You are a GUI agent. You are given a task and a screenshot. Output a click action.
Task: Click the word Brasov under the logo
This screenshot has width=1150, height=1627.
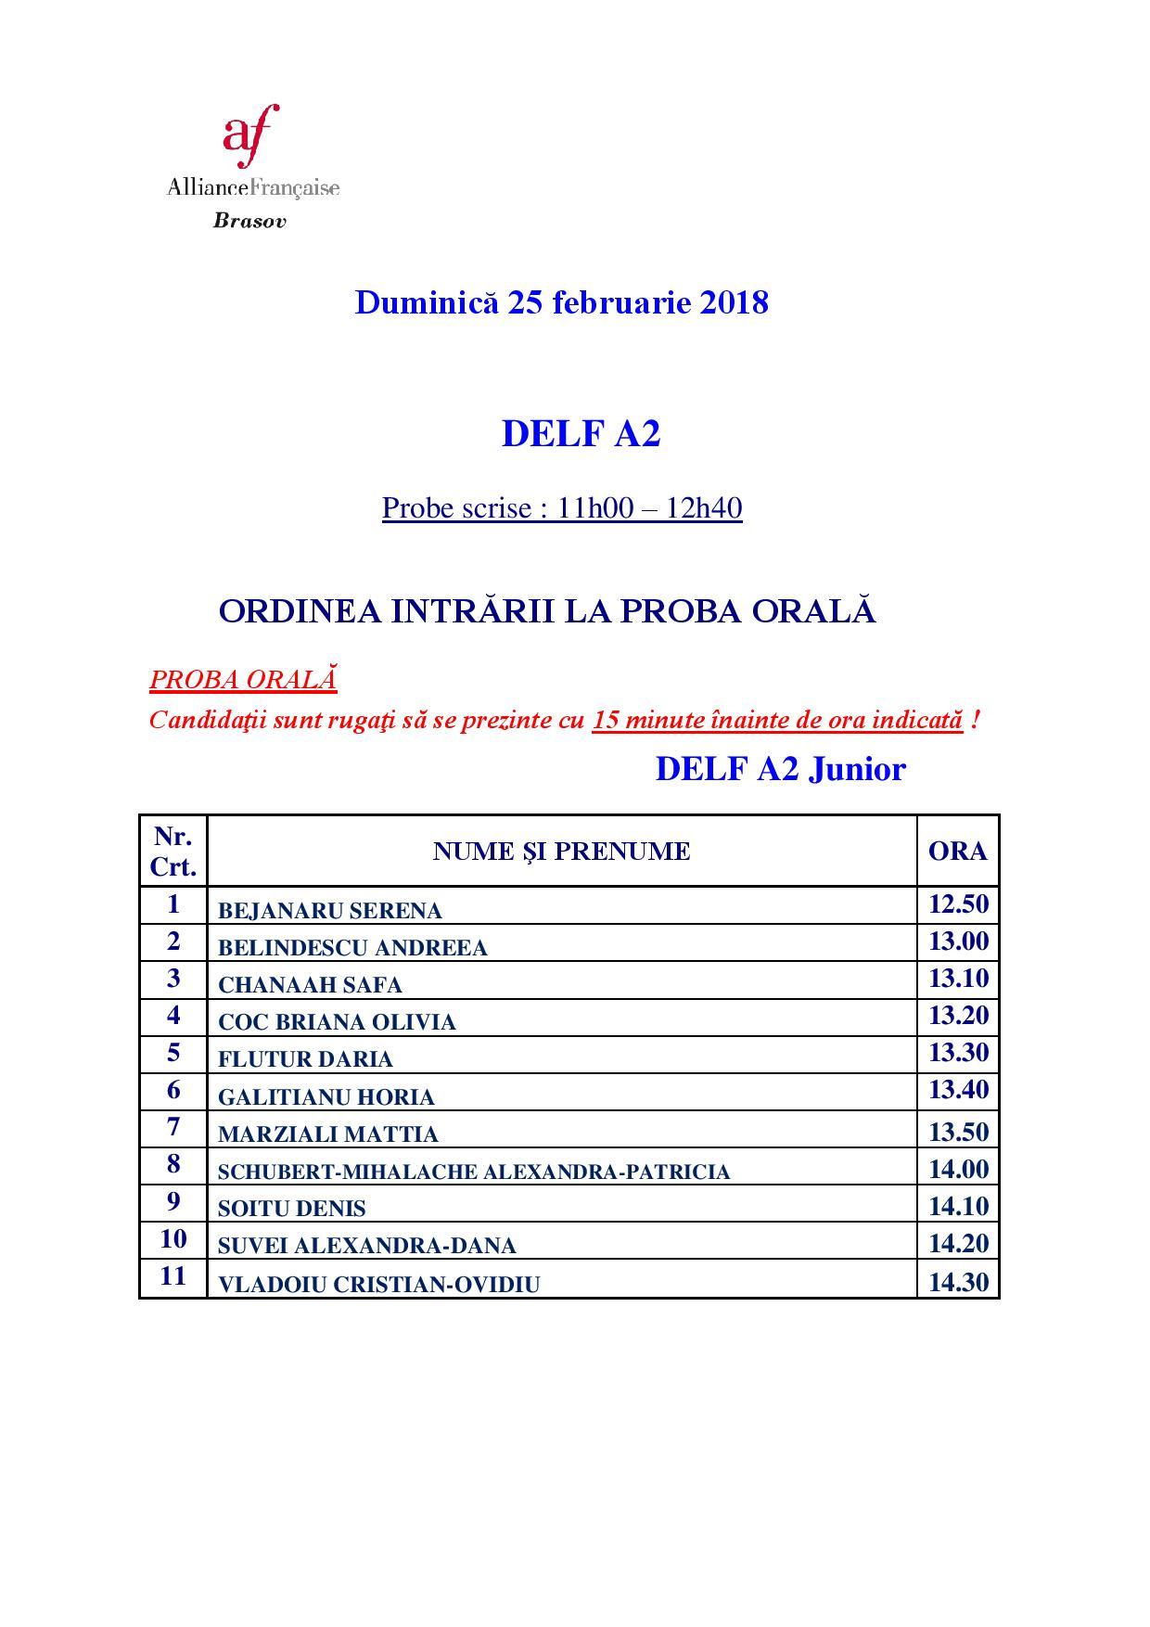click(x=249, y=222)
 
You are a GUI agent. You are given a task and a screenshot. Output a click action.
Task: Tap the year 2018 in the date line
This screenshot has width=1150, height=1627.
click(x=734, y=302)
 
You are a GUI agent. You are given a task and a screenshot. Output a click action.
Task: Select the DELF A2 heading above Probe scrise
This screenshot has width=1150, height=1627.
click(x=581, y=433)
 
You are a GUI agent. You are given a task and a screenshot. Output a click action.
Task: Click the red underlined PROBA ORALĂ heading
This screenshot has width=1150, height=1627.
click(x=243, y=679)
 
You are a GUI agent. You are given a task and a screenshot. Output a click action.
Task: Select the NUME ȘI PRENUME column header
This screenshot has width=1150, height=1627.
click(x=561, y=852)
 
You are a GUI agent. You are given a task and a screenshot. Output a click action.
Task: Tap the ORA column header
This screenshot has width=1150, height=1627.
click(x=957, y=852)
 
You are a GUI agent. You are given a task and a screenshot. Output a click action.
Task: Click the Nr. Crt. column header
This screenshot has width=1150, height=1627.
click(x=173, y=852)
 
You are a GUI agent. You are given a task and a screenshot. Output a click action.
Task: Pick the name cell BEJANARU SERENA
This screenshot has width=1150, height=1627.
click(x=329, y=911)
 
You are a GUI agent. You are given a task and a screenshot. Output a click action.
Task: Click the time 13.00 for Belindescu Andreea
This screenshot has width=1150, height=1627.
click(x=958, y=942)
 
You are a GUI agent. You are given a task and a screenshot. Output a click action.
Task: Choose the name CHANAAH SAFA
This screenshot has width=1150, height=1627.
click(x=310, y=985)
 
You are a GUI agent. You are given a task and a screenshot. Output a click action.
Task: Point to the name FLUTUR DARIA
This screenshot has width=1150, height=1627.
click(x=305, y=1059)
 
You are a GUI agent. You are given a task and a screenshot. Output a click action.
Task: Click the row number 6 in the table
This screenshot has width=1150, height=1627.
click(x=173, y=1090)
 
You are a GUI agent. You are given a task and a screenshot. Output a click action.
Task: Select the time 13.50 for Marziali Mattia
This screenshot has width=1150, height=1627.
click(x=958, y=1132)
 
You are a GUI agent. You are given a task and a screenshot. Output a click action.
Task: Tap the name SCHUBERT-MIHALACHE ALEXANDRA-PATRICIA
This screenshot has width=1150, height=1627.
click(x=474, y=1172)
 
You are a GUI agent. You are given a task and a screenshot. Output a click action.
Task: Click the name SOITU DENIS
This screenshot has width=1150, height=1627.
click(x=291, y=1209)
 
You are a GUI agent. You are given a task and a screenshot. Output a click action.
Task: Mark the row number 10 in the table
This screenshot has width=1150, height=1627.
click(x=173, y=1239)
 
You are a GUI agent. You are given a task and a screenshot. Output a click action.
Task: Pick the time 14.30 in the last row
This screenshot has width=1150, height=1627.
click(x=958, y=1282)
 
